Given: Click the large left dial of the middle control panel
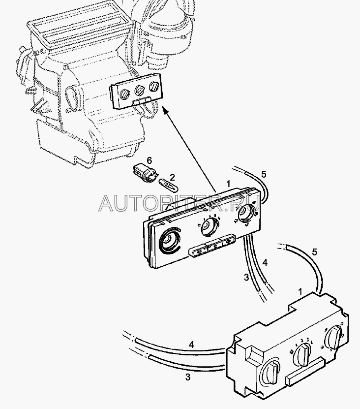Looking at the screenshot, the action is pyautogui.click(x=169, y=242).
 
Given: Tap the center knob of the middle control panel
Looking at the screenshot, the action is pyautogui.click(x=208, y=227).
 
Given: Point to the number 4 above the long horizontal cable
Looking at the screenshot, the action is pyautogui.click(x=191, y=345).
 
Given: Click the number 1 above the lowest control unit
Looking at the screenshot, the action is pyautogui.click(x=300, y=292).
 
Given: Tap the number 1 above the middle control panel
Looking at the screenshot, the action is pyautogui.click(x=228, y=184).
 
